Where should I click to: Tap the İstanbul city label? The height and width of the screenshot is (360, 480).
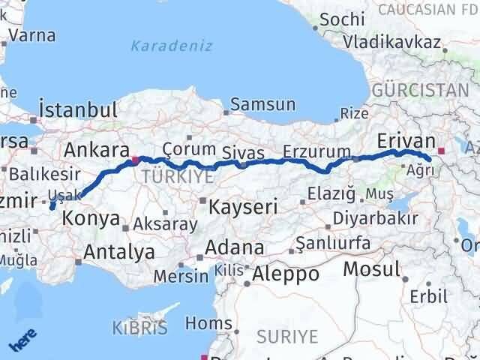78,110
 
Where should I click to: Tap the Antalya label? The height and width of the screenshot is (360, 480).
119,251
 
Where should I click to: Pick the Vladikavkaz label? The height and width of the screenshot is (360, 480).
392,42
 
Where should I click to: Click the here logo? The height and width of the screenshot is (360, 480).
22,341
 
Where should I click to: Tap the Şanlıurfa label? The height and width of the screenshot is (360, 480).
333,244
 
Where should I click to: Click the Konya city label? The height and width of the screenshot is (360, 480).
93,219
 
